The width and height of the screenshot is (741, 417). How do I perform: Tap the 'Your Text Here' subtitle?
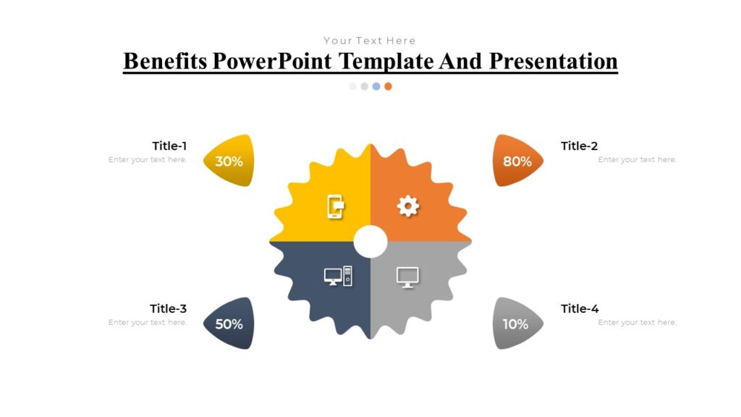[x=370, y=41]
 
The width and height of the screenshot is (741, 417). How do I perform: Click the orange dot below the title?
[x=389, y=86]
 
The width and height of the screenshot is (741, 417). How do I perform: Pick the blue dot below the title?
[x=376, y=86]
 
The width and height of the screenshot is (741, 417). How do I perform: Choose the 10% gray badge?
[x=515, y=324]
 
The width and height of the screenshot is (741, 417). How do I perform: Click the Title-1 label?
[x=169, y=146]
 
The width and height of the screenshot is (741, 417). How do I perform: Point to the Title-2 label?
[x=580, y=146]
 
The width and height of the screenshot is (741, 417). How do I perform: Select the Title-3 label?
[x=169, y=309]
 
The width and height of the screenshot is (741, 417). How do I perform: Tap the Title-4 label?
[x=580, y=309]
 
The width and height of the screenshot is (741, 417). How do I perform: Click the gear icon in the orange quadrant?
[x=408, y=206]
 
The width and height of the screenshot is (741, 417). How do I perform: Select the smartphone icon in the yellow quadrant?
[x=335, y=206]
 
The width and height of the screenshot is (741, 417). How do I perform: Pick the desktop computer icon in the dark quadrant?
[x=338, y=277]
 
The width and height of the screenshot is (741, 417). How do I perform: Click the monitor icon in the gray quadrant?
[x=407, y=277]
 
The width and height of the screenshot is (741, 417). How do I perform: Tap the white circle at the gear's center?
[x=370, y=242]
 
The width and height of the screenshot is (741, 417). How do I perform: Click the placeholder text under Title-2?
[x=637, y=160]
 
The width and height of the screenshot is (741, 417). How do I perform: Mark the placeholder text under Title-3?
[x=148, y=323]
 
